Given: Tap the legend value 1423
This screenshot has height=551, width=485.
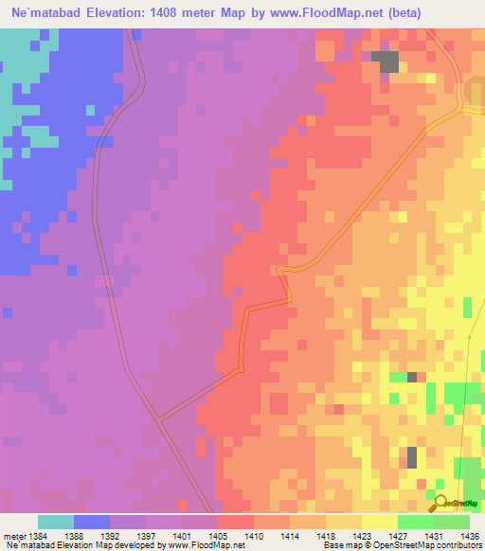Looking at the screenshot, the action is click(x=363, y=535).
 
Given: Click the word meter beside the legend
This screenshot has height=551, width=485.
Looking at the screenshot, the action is click(x=12, y=535).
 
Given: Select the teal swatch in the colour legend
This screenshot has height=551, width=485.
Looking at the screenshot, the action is click(x=56, y=522).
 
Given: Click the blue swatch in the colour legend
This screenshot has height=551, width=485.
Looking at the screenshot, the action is click(x=92, y=522).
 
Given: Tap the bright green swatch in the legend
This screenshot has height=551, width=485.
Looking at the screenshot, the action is click(x=416, y=522).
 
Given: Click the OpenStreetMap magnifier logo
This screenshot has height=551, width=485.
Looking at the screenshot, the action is click(x=440, y=502).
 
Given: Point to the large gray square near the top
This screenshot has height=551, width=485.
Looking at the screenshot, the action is click(x=385, y=61).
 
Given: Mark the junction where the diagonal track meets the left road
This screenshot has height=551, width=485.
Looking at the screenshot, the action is click(x=156, y=418).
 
